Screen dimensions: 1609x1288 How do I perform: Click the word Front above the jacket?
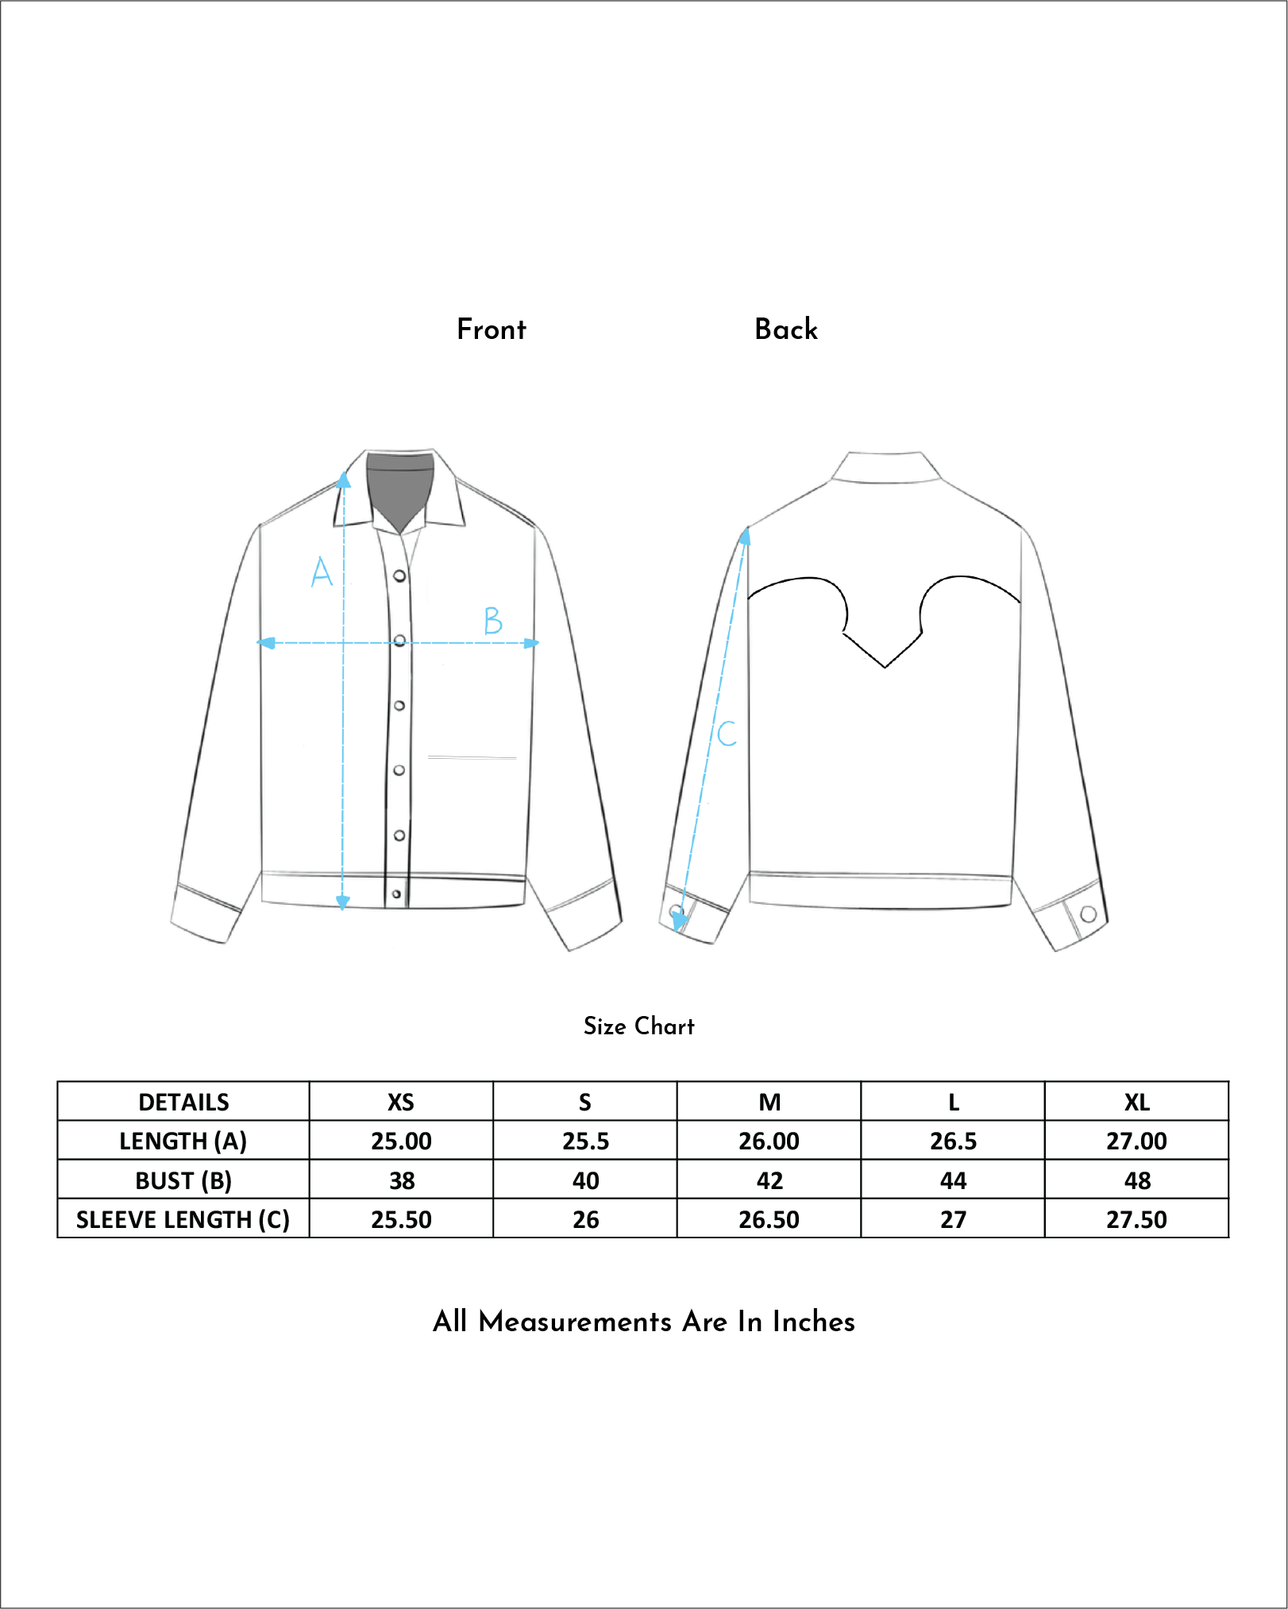[x=491, y=329]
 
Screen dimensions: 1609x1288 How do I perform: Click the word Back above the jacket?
[x=785, y=329]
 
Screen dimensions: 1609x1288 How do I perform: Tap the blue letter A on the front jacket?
[x=321, y=572]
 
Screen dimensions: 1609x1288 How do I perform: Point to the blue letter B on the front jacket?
[x=493, y=620]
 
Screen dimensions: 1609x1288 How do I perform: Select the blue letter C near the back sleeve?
[x=727, y=733]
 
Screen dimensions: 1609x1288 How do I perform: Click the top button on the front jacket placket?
[x=399, y=575]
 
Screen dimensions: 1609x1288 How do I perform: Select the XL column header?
[x=1136, y=1102]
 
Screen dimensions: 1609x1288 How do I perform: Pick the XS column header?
[x=401, y=1102]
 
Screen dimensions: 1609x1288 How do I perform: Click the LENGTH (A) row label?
[x=183, y=1141]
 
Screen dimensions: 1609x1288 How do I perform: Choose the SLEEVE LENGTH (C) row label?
[x=183, y=1219]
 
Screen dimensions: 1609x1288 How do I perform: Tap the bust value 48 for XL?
[x=1136, y=1180]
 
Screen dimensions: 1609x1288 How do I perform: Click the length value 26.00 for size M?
[x=769, y=1141]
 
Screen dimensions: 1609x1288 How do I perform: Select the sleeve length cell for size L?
[x=953, y=1219]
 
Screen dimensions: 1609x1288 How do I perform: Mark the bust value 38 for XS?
[x=401, y=1180]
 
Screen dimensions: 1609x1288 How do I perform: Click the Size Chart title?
[x=638, y=1026]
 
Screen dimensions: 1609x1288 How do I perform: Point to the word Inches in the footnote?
[x=813, y=1322]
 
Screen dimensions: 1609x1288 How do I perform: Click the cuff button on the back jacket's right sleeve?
[x=1089, y=914]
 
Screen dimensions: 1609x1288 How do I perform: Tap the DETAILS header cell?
[x=183, y=1102]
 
